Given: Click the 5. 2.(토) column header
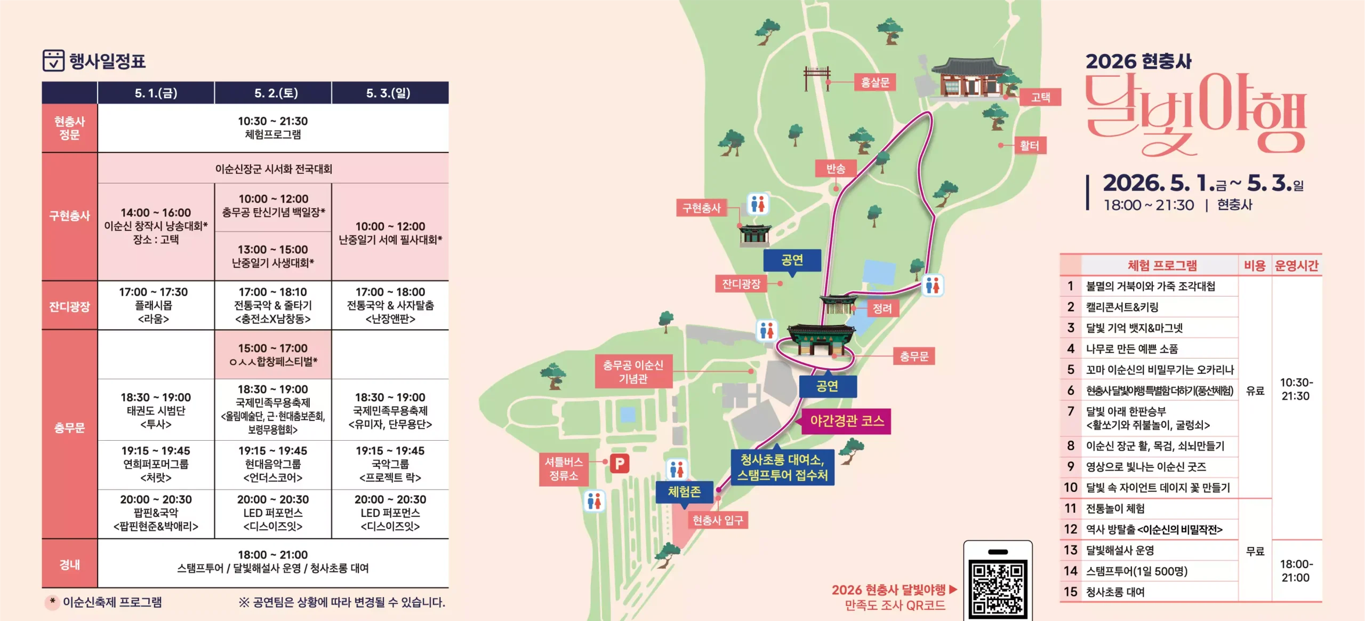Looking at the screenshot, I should point(273,93).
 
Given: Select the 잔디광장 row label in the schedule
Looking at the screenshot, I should point(69,306).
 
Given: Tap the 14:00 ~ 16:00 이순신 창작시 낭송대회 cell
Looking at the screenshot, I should point(156,226).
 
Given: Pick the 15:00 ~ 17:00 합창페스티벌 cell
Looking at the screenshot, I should point(273,355).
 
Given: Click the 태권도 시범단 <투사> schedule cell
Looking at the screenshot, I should point(156,410).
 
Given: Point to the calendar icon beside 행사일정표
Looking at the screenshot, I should point(53,61).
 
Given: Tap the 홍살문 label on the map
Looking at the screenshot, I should point(875,82).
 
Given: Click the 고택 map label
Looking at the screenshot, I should point(1040,97).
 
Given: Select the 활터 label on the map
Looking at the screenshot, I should point(1029,145).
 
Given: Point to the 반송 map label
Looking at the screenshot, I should point(836,169).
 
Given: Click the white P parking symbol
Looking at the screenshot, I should point(620,464).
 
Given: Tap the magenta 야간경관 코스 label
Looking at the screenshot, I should point(847,421).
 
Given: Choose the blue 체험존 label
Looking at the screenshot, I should point(684,491).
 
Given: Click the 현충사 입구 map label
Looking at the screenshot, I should point(717,520).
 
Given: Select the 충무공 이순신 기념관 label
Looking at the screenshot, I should point(633,371).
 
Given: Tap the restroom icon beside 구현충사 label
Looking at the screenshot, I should point(758,203).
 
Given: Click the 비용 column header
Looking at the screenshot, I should point(1255,265).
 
